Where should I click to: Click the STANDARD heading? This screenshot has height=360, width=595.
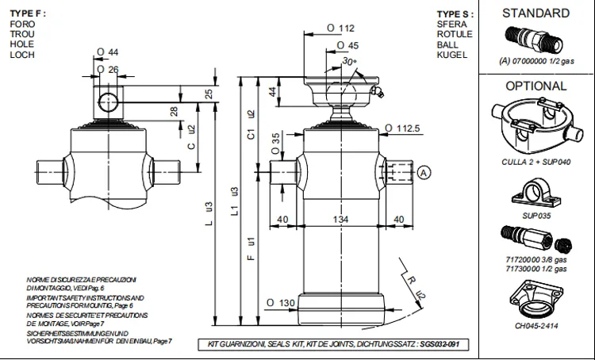[x=535, y=13]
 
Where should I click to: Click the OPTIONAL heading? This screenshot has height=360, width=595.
[x=536, y=86]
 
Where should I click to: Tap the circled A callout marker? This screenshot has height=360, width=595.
[x=423, y=172]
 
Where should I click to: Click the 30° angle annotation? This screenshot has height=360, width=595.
[x=350, y=61]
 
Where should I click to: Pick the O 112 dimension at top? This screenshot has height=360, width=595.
[x=340, y=29]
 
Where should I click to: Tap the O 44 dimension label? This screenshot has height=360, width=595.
[x=107, y=52]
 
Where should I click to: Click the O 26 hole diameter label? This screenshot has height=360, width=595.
[x=107, y=69]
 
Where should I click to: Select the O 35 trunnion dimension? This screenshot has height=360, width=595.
[x=275, y=143]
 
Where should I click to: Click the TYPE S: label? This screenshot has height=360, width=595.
[x=455, y=14]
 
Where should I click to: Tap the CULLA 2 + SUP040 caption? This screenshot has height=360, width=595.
[x=535, y=163]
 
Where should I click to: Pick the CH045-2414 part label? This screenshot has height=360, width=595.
[x=535, y=324]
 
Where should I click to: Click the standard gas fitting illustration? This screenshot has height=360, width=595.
[x=532, y=37]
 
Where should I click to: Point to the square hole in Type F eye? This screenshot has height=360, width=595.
[x=107, y=101]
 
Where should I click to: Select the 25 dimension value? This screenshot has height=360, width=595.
[x=209, y=94]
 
